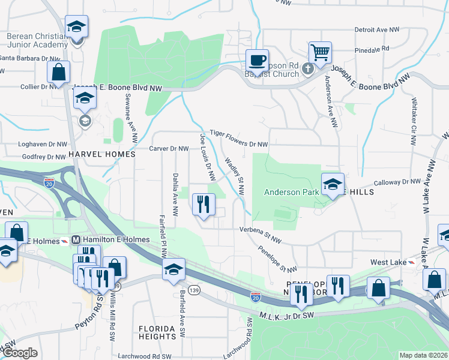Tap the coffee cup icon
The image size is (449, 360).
coord(257,60)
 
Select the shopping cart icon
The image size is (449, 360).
coord(321,52)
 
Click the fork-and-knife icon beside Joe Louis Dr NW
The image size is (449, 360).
coord(203,204)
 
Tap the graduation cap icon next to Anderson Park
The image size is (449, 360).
coord(332,184)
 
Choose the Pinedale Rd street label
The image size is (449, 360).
coord(372,47)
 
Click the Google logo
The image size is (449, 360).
coord(21,353)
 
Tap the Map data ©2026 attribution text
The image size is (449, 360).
coord(423,355)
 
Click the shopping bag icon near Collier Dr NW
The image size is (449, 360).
coord(59,72)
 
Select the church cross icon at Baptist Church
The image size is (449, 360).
coord(308,67)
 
